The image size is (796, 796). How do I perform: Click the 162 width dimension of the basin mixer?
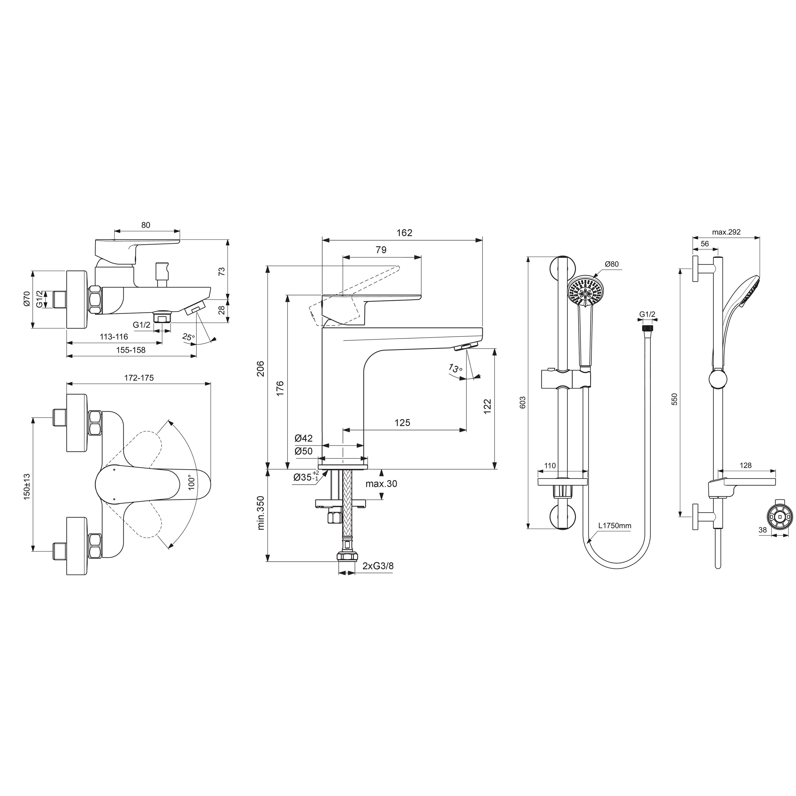tap(404, 233)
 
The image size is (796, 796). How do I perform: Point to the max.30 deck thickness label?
tap(381, 484)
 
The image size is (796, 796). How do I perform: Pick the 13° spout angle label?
tap(455, 368)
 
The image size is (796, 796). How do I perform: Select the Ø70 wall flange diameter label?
tap(27, 298)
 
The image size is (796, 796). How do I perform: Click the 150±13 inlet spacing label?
tap(27, 487)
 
